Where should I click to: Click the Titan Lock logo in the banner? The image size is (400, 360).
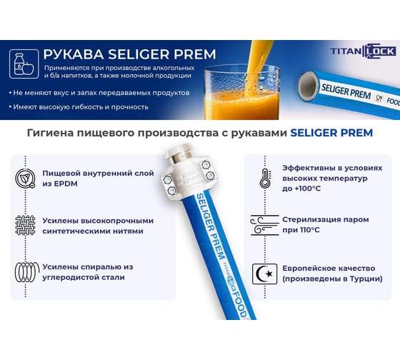coord(364,51)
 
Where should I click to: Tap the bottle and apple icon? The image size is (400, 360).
coord(24,64)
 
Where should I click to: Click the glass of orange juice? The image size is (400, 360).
coord(241,92)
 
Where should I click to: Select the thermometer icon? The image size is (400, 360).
coord(264,178)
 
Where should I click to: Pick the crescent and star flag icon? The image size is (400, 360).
coord(264,274)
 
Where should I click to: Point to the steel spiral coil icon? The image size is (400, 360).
coord(27,272)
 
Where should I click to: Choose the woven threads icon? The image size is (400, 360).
coord(25,225)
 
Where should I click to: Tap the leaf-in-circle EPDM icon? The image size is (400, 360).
coord(25,178)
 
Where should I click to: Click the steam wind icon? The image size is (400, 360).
coord(264,225)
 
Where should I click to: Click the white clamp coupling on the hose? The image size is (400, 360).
coord(189,174)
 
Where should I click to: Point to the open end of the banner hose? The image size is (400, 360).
coord(309,86)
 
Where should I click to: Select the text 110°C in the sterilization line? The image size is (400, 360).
coord(310,230)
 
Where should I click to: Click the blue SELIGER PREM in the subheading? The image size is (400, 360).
coord(331,133)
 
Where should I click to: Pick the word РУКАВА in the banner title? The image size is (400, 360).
coord(74,54)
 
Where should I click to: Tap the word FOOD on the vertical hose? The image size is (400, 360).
coord(239,303)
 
